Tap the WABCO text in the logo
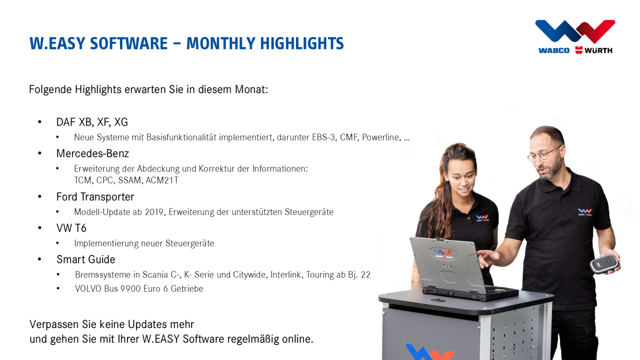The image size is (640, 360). pyautogui.click(x=554, y=51)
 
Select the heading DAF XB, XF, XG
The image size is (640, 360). pyautogui.click(x=92, y=122)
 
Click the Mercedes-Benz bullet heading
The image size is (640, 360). pyautogui.click(x=92, y=154)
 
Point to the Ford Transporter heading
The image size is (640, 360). pyautogui.click(x=95, y=197)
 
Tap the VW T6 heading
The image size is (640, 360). pyautogui.click(x=71, y=228)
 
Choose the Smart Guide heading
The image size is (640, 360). pyautogui.click(x=85, y=260)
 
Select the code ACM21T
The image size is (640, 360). pyautogui.click(x=162, y=180)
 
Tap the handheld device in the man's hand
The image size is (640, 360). pyautogui.click(x=604, y=264)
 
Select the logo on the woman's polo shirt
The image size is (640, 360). pyautogui.click(x=482, y=218)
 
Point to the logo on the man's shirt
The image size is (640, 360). pyautogui.click(x=585, y=212)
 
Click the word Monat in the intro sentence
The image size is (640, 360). pyautogui.click(x=250, y=90)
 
